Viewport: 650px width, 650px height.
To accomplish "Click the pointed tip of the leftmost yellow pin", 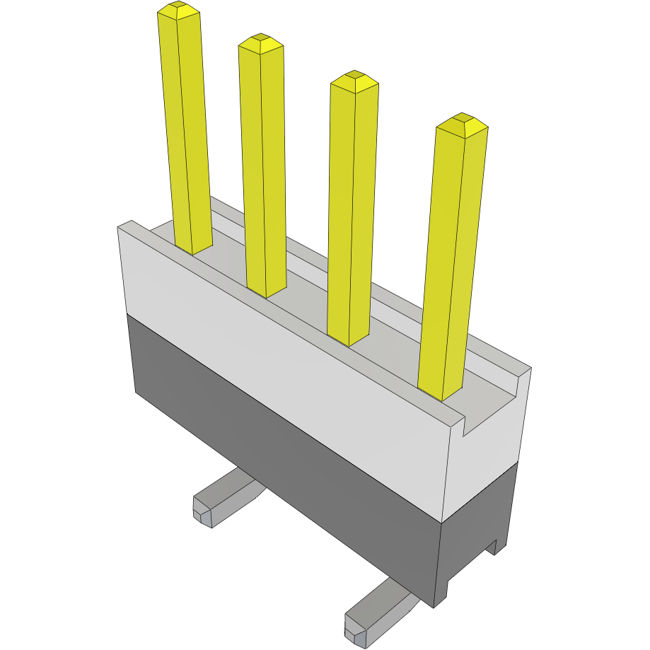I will pyautogui.click(x=178, y=9).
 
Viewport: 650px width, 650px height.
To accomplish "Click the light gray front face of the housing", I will pyautogui.click(x=283, y=368).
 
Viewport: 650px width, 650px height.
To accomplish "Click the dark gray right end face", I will pyautogui.click(x=474, y=545).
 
